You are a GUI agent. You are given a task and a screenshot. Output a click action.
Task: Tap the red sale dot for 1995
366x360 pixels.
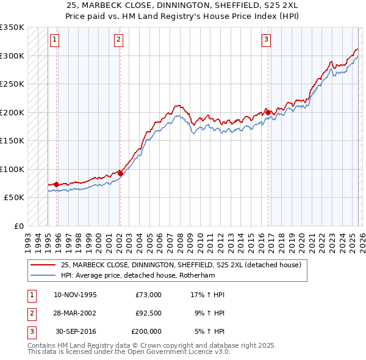(56, 184)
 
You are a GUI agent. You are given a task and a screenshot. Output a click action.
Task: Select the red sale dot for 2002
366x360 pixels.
(120, 173)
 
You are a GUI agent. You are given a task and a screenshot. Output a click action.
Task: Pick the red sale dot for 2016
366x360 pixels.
(268, 112)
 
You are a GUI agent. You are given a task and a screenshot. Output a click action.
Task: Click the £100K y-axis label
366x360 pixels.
(12, 169)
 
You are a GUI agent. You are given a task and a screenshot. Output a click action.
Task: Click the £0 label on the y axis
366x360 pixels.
(18, 226)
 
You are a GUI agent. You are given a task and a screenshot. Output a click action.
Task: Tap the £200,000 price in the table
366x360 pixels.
(146, 331)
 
